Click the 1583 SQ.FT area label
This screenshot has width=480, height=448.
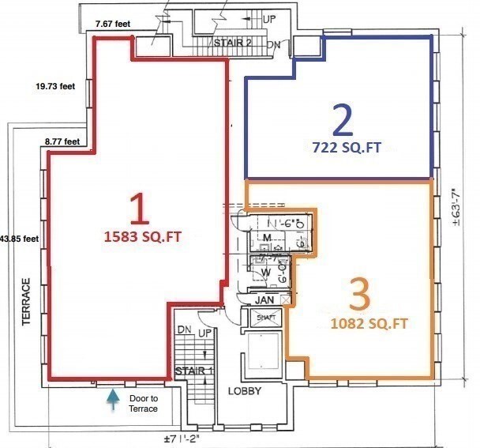(x=139, y=235)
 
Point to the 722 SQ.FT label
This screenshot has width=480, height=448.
(x=342, y=145)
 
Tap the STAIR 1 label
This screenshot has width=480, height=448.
(x=194, y=370)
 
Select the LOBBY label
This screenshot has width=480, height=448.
(x=244, y=391)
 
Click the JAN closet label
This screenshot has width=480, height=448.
(x=264, y=300)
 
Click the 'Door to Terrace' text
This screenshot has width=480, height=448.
(x=144, y=403)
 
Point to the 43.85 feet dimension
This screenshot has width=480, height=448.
(x=18, y=238)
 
